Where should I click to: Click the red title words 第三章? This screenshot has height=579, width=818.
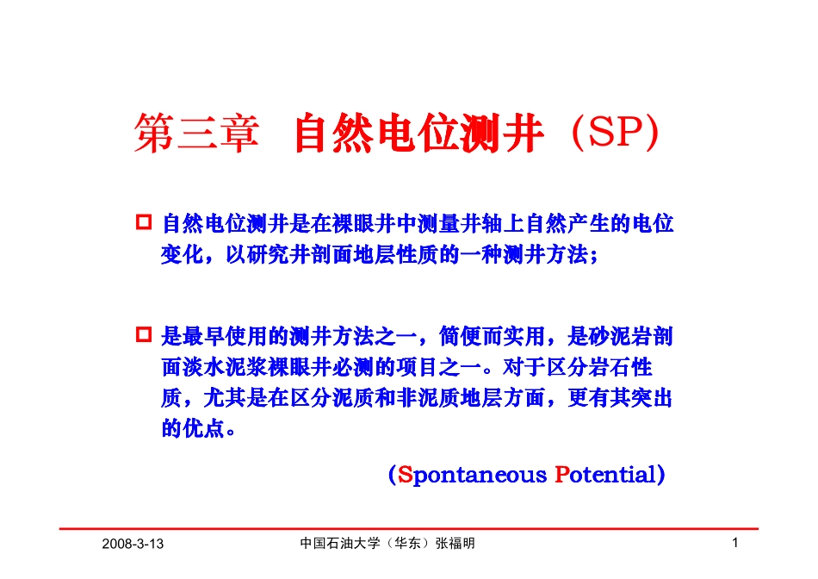[196, 136]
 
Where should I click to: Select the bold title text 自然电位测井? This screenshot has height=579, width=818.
[418, 136]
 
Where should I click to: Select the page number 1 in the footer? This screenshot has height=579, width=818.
[734, 543]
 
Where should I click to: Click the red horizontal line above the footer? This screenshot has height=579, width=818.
[409, 528]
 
